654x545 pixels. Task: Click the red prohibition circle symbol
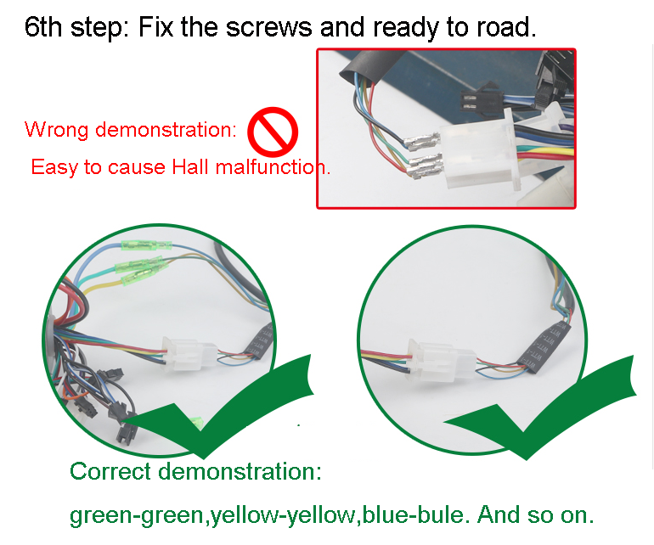(273, 132)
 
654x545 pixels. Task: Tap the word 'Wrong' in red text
(56, 130)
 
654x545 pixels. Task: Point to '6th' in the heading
(43, 27)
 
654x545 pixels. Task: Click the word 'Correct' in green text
(110, 471)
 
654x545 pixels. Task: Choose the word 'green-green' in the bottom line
(136, 516)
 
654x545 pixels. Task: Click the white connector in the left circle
(188, 353)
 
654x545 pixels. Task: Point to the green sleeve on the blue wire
(146, 245)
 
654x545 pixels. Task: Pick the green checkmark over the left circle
(220, 407)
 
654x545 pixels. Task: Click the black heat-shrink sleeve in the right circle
(544, 347)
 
